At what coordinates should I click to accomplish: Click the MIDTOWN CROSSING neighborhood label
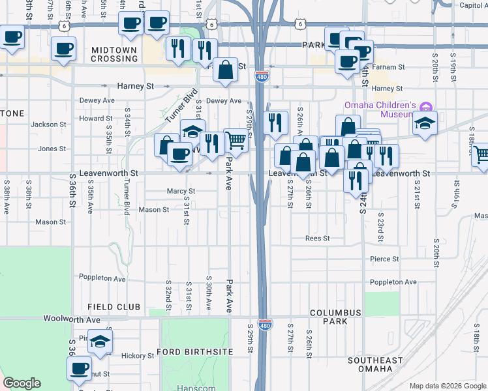114,54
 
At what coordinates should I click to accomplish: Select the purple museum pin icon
426,106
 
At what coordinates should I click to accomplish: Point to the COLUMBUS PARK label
335,317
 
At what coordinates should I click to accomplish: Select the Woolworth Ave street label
72,319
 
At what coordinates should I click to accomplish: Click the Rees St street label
317,239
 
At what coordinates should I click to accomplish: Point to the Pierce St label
384,259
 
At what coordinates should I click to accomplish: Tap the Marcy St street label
181,192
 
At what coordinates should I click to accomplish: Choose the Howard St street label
96,119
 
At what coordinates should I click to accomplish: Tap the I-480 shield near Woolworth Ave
264,325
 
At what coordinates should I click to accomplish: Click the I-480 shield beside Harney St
261,77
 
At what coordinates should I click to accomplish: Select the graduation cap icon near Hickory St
100,341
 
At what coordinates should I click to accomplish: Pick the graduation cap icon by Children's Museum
425,123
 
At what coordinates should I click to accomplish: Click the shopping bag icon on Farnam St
225,70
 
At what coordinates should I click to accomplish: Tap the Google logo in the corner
22,383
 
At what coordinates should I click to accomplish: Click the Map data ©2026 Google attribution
447,386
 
